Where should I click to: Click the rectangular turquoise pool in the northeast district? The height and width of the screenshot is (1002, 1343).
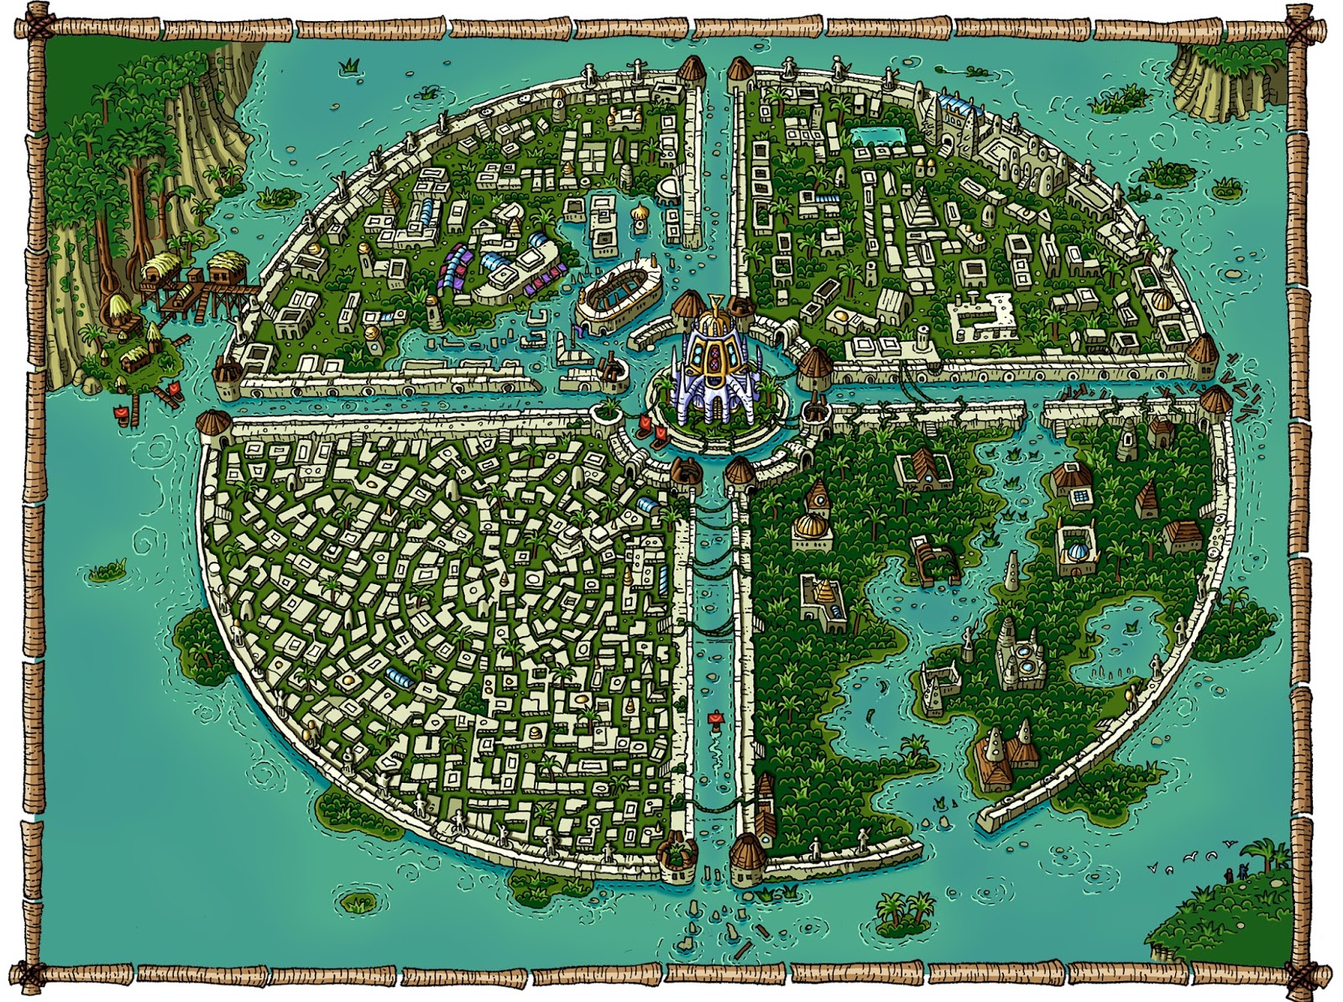(876, 136)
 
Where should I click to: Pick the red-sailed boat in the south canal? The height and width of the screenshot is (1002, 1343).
(714, 718)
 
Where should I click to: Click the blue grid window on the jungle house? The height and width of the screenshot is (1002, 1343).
(1079, 497)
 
